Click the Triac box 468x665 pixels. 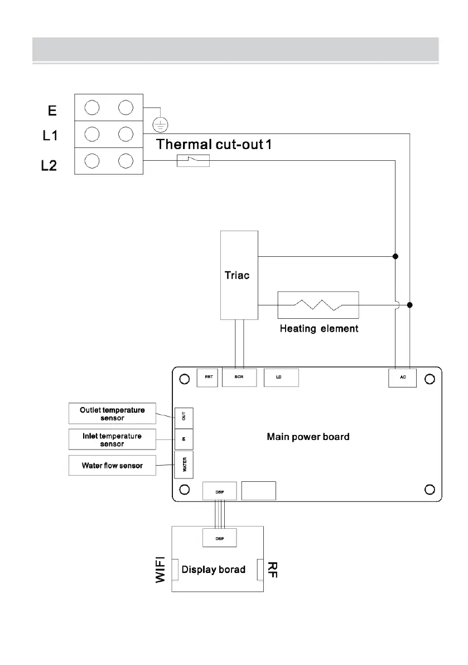click(239, 275)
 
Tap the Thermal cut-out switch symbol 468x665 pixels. click(192, 161)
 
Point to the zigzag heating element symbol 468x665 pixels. click(317, 305)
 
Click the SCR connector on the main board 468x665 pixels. click(239, 377)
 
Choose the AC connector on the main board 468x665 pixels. click(402, 378)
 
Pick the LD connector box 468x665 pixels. click(281, 377)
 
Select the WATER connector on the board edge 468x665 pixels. click(184, 465)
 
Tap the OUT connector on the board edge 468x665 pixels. click(184, 415)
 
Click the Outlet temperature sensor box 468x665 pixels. click(112, 414)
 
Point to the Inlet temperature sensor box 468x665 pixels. click(112, 439)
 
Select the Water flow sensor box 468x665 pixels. click(112, 465)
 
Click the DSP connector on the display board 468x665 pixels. click(219, 538)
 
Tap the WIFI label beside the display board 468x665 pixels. click(161, 570)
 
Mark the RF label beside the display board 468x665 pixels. click(272, 569)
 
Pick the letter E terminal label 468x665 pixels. click(52, 111)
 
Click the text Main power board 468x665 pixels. click(308, 437)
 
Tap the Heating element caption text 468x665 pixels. click(319, 329)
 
